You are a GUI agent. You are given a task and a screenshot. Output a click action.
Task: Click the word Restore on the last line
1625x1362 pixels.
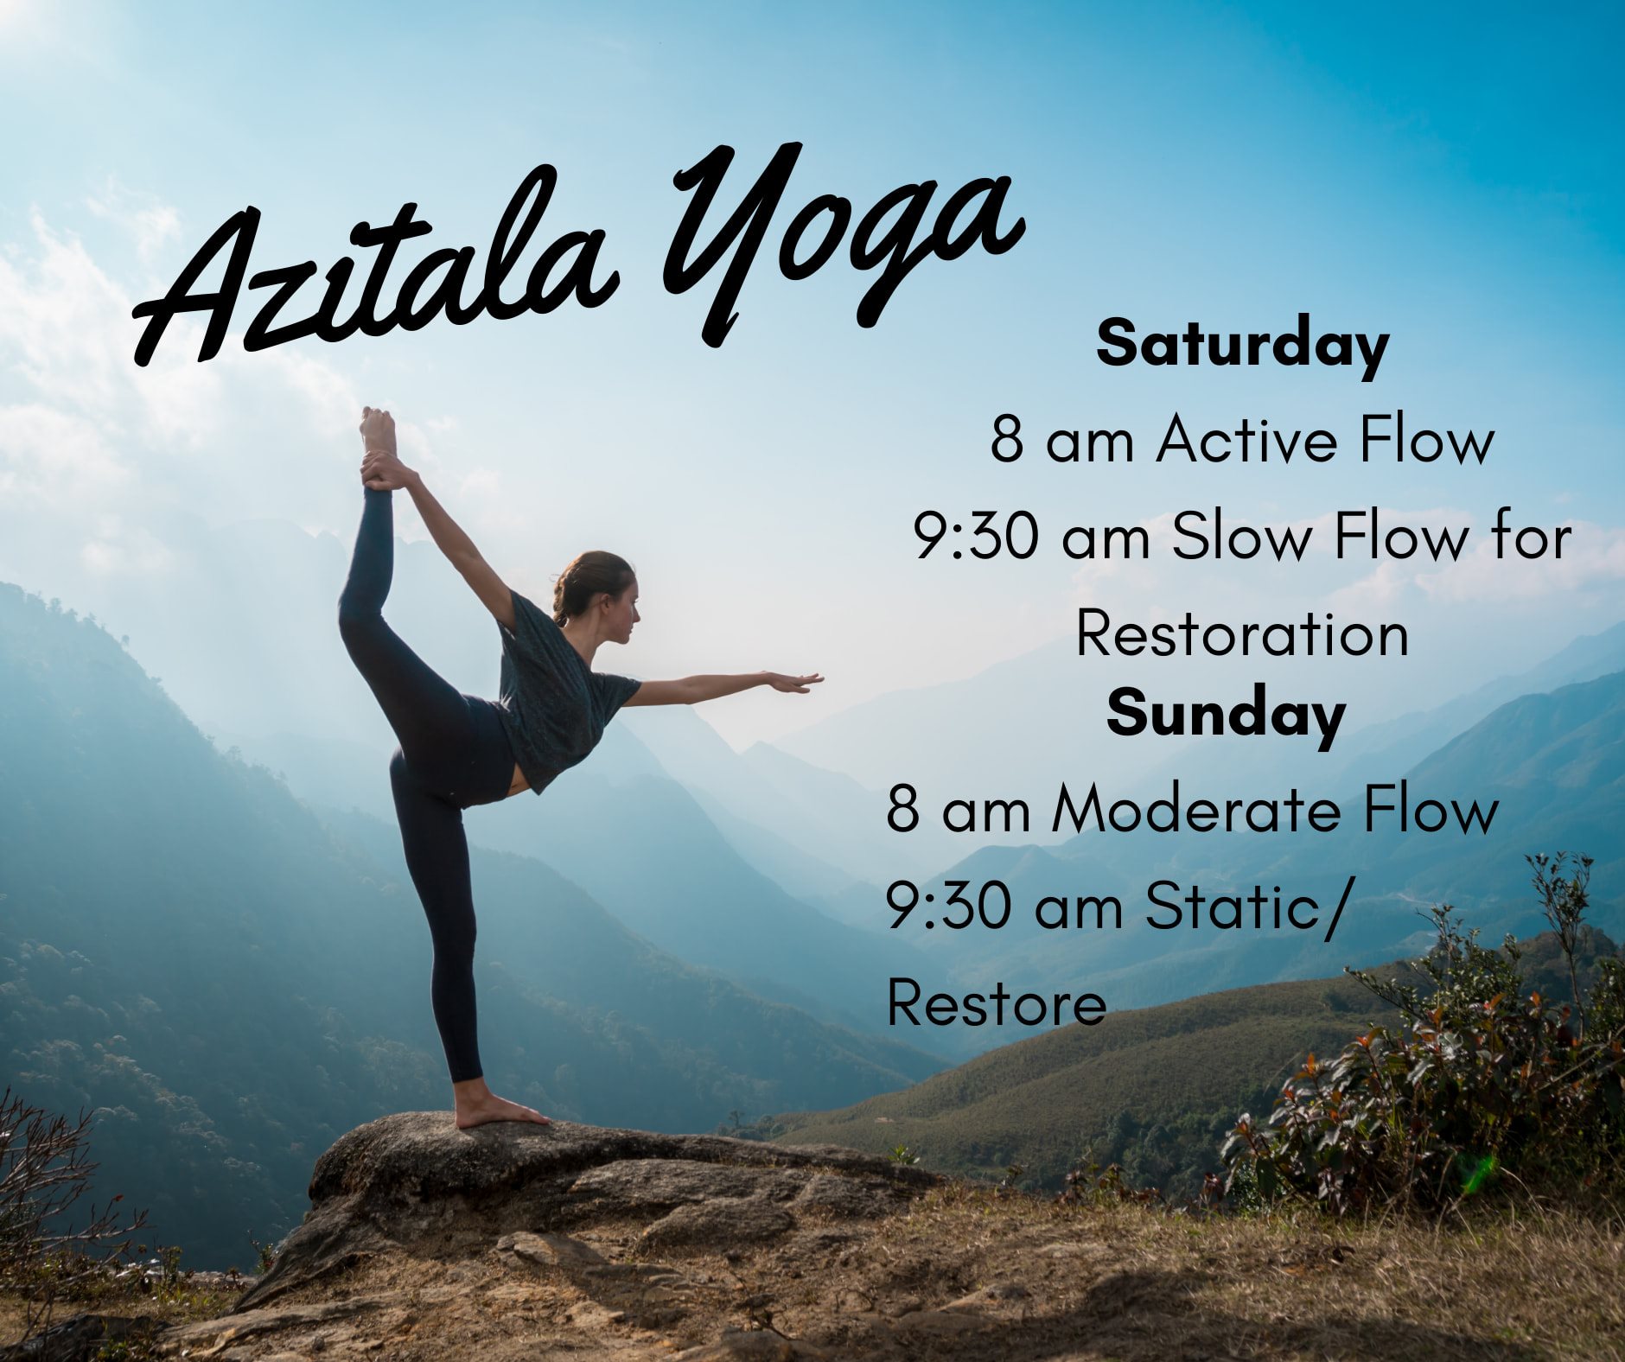(996, 1004)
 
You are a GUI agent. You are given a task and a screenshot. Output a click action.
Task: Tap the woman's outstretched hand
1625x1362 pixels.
(795, 682)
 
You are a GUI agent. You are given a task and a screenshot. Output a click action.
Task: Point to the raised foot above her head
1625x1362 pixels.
(378, 432)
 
